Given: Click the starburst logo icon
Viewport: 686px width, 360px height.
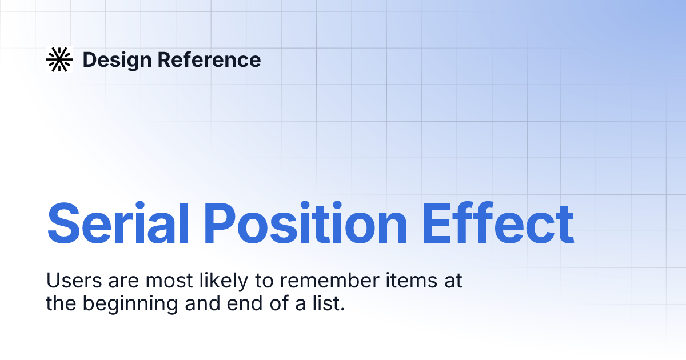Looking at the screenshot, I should [x=59, y=59].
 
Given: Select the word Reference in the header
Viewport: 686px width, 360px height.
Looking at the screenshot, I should [x=209, y=59].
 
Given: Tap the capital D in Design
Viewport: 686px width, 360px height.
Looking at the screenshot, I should [x=89, y=59].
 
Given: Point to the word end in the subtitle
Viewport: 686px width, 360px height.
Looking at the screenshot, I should [x=250, y=303].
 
